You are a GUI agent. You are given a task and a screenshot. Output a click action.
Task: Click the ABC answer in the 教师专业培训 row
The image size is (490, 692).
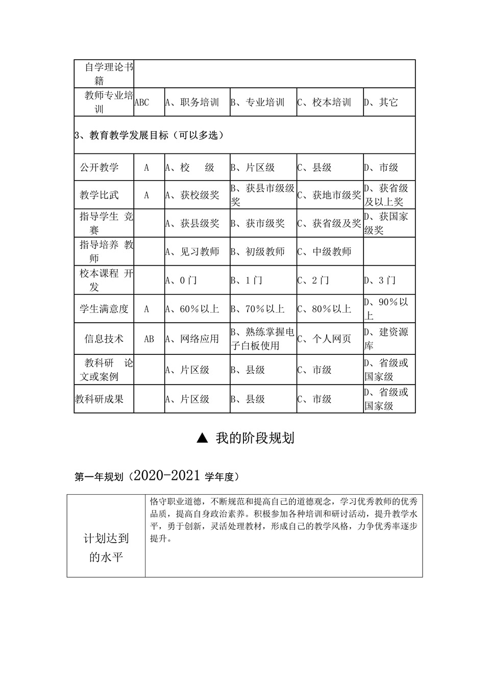[141, 102]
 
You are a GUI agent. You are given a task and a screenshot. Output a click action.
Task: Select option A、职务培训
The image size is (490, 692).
[192, 102]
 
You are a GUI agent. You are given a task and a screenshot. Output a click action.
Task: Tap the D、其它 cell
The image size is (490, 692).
[381, 102]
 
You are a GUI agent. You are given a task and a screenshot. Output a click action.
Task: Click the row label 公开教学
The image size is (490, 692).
[99, 167]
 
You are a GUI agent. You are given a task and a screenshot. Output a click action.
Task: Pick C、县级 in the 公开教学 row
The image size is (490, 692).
[314, 167]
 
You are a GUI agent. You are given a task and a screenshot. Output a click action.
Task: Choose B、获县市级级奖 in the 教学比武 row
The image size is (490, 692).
[263, 195]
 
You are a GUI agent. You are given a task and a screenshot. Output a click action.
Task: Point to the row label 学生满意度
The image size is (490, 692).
[104, 309]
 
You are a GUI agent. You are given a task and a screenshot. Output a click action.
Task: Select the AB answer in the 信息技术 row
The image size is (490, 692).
[149, 339]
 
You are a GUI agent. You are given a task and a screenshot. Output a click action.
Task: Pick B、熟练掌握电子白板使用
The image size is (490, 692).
[263, 339]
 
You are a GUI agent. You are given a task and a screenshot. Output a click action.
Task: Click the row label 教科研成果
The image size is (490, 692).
[100, 399]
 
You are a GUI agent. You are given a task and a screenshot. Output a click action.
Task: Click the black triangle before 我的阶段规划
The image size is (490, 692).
[203, 438]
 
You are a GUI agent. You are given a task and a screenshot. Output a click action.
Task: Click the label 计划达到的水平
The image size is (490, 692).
[106, 548]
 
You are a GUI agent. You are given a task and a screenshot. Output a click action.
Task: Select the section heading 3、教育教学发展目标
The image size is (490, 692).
[149, 135]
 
